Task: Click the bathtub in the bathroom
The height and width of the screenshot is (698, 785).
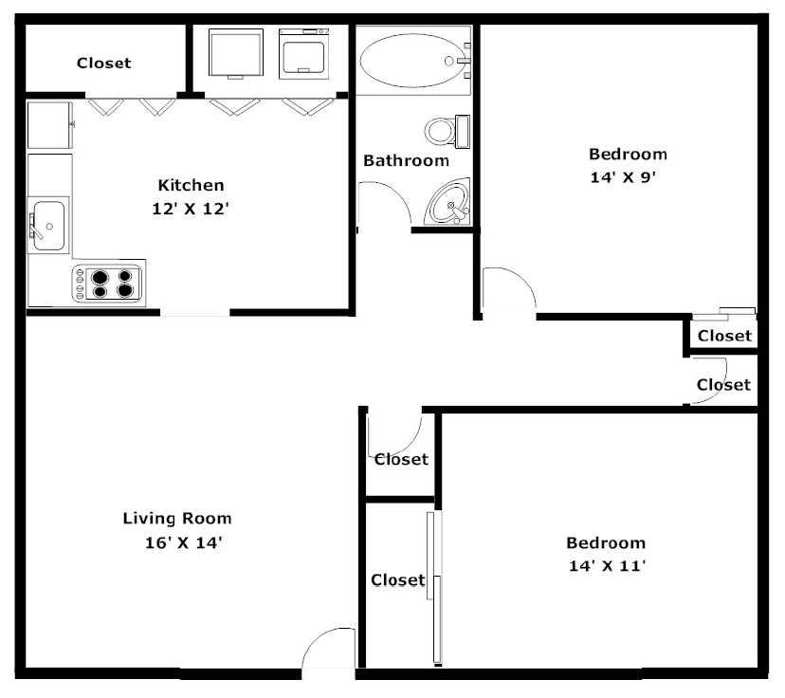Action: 412,60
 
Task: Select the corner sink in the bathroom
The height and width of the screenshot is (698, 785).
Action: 448,202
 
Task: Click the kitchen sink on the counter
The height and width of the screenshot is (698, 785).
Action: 47,226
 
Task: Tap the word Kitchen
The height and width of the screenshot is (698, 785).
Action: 191,185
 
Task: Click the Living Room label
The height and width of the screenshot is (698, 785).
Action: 177,519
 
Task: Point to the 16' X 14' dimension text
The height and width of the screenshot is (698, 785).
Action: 178,543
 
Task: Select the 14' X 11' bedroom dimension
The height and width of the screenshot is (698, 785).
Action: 606,567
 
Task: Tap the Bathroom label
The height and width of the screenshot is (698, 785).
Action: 406,160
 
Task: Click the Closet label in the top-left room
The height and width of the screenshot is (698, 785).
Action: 103,64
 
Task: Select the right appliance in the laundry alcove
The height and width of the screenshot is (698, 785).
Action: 303,54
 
